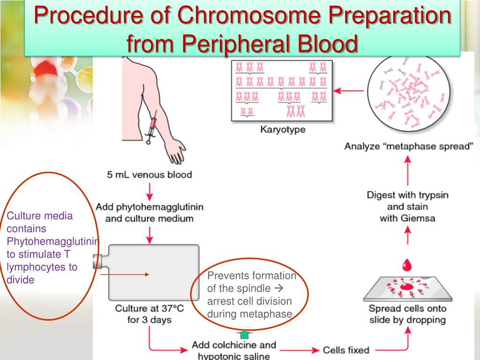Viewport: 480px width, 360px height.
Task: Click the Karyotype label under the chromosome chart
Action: coord(283,130)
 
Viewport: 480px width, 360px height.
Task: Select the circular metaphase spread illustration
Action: coord(406,93)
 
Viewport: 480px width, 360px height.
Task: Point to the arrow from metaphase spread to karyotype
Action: coord(351,90)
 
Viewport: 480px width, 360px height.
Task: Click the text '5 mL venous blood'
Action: coord(150,175)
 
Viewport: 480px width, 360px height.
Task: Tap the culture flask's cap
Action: coord(97,261)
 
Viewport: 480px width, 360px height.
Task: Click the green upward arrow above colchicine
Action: coord(244,334)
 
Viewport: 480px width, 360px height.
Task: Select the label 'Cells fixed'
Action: coord(346,350)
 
